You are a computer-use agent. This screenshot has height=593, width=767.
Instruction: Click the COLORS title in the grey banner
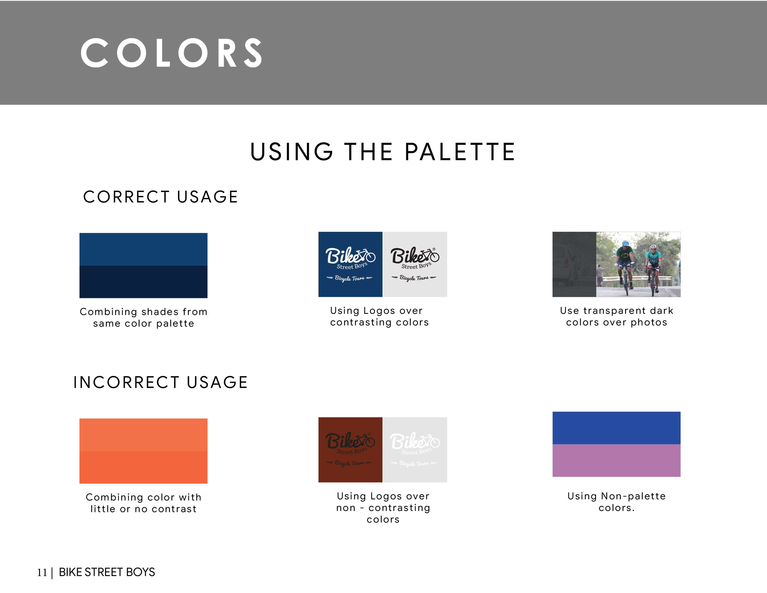tap(171, 53)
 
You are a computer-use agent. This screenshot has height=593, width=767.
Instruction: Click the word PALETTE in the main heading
tap(460, 152)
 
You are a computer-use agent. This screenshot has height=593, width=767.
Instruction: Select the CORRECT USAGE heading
tap(161, 197)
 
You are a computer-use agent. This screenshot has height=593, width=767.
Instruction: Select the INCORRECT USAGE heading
tap(161, 382)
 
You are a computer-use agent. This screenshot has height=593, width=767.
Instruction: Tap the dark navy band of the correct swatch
tap(143, 282)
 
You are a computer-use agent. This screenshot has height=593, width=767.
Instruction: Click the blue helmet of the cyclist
tap(625, 243)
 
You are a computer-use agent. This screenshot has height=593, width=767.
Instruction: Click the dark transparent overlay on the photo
tap(574, 264)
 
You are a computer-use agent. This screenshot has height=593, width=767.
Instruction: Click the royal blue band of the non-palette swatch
tap(616, 428)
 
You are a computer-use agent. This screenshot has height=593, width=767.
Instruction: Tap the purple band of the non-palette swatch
tap(616, 460)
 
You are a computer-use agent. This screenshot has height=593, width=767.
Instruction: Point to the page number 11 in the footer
tap(42, 572)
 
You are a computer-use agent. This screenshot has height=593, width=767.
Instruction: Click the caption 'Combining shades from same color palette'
tap(143, 317)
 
